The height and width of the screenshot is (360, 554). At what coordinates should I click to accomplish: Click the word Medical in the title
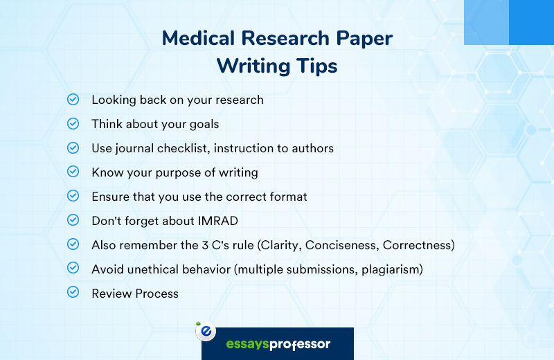pos(198,38)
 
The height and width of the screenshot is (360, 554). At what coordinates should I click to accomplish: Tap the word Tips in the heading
pos(316,66)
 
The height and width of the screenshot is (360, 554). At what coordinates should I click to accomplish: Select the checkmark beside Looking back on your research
pos(73,100)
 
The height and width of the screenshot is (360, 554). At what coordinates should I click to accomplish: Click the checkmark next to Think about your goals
pos(73,124)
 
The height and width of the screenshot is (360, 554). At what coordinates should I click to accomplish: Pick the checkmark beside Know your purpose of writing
pos(73,172)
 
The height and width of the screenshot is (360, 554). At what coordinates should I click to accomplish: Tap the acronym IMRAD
pos(218,221)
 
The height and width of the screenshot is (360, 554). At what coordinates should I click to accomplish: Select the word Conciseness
pos(341,245)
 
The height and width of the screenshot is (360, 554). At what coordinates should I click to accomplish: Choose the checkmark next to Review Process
pos(73,292)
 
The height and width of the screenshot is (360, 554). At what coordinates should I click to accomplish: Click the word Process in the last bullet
pos(157,294)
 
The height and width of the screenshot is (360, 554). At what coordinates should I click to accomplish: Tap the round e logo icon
pos(206,331)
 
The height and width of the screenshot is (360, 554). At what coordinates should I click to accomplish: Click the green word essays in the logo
pos(247,344)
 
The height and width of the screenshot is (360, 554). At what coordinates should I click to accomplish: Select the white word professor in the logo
pos(300,345)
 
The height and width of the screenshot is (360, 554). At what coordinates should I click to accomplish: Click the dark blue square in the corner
pos(531,22)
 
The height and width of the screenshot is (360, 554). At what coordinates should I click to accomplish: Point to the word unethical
pos(152,269)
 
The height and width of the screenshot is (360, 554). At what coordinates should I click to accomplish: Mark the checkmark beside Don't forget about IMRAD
pos(73,220)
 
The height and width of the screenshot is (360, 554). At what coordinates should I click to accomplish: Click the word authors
pos(313,148)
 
